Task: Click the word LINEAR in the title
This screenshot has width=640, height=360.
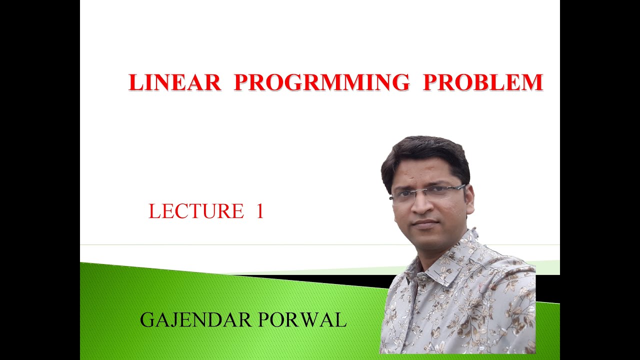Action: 174,82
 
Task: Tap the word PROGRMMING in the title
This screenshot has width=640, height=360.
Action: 321,82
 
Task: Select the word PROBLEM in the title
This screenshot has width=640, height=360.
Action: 482,82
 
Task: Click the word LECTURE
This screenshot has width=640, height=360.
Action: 196,211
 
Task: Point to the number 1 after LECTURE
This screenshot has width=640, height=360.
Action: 259,211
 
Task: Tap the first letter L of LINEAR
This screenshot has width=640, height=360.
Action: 135,82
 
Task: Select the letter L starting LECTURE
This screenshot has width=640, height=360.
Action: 154,211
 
